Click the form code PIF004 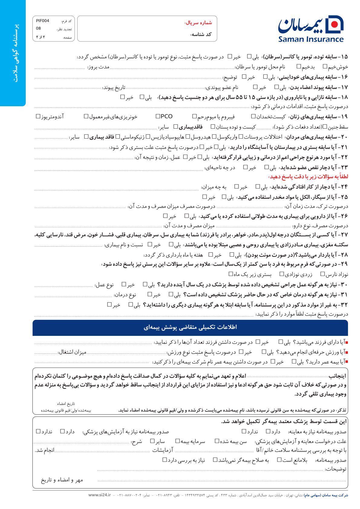point(42,21)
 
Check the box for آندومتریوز point(38,116)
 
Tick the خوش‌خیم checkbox point(325,66)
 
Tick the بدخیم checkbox point(299,66)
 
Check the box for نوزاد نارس point(323,274)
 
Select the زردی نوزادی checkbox point(282,274)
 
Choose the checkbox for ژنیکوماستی point(148,137)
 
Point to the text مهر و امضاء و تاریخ point(62,480)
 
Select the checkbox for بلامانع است point(280,460)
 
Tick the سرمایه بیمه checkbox point(178,441)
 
